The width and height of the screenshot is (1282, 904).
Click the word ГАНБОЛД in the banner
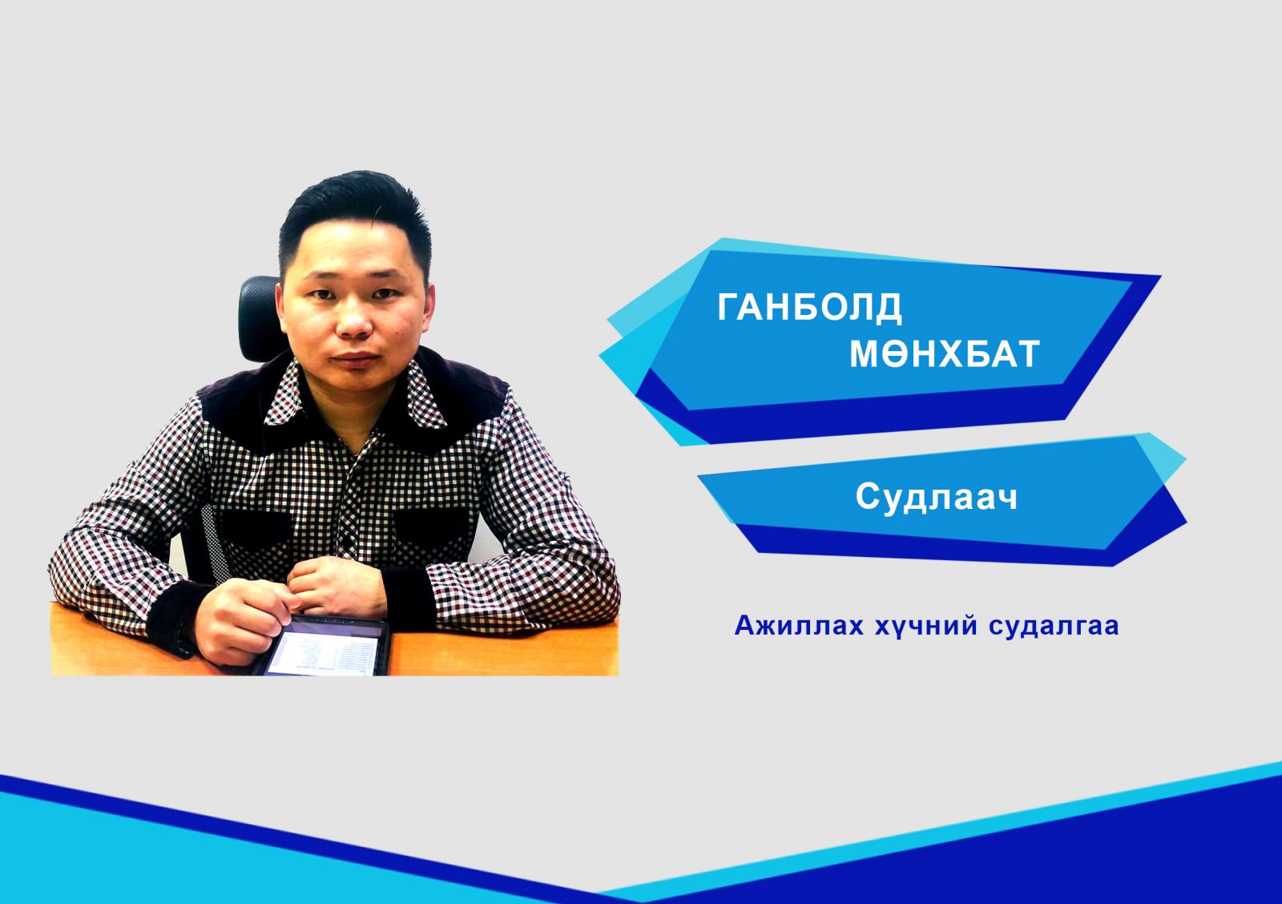tap(809, 308)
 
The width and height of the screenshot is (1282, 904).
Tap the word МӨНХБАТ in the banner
tap(945, 353)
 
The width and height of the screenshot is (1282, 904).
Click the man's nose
tap(354, 320)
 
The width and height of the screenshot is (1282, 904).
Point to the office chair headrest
tap(260, 318)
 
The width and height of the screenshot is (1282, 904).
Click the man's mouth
tap(356, 360)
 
